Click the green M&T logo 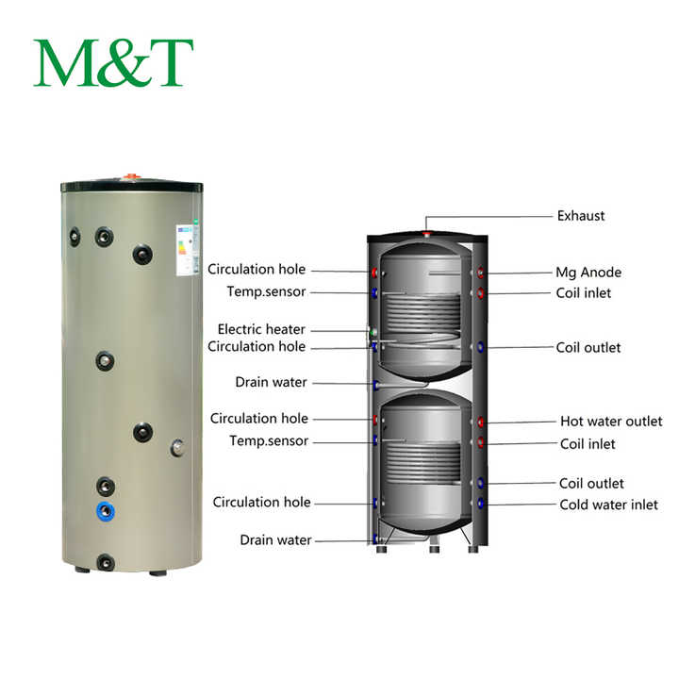tap(113, 63)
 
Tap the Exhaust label tap(580, 216)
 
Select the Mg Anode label tap(588, 273)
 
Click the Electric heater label tap(261, 330)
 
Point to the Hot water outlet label tap(611, 422)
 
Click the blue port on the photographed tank tap(106, 512)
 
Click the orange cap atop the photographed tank tap(132, 175)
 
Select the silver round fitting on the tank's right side tap(176, 447)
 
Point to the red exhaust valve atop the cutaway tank tap(427, 231)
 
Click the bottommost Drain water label tap(274, 540)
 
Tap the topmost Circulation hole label tap(257, 270)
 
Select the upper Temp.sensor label tap(266, 291)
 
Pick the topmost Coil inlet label tap(585, 293)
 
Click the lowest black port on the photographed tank tap(106, 563)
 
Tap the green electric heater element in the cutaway tap(374, 333)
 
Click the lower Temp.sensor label tap(268, 441)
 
